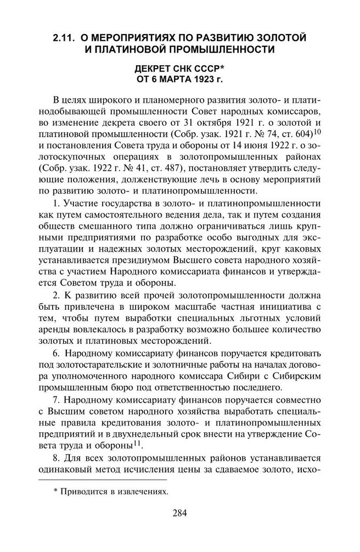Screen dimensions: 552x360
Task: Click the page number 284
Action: pyautogui.click(x=180, y=514)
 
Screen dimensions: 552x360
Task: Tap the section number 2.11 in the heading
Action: pyautogui.click(x=64, y=38)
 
